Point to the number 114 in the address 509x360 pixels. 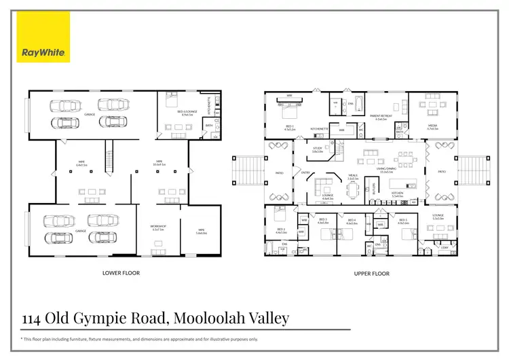[x=35, y=318]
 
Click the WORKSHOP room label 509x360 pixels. [x=157, y=227]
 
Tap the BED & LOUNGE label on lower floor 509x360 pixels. [x=179, y=113]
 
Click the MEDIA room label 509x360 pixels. [x=433, y=126]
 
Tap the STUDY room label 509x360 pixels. [x=317, y=149]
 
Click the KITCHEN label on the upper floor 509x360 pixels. [x=397, y=194]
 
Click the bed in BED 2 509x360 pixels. [x=280, y=215]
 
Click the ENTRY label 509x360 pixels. [x=305, y=173]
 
